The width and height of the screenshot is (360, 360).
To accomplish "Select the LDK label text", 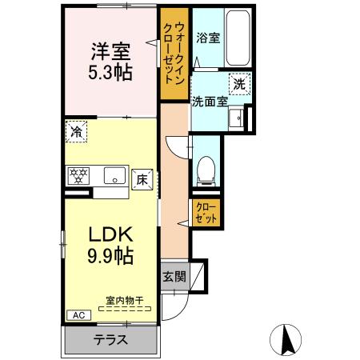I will [110, 235].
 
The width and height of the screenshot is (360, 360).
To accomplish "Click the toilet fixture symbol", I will [205, 167].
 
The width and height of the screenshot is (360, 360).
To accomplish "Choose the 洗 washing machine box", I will [239, 83].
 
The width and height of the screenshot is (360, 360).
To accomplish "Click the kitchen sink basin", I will [113, 176].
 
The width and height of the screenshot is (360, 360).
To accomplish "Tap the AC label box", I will [78, 315].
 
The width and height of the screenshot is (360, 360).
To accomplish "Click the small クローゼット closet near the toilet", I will [206, 212].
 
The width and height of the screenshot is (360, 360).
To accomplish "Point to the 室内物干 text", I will [125, 301].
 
